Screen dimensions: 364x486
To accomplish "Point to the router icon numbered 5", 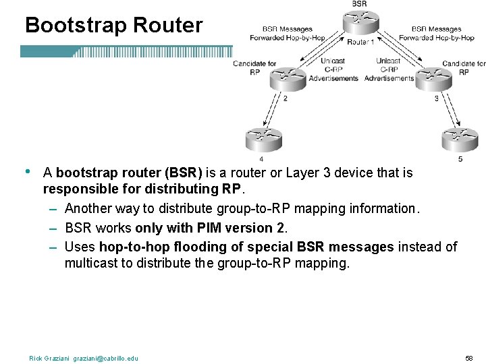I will click(x=460, y=140).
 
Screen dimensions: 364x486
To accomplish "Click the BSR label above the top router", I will click(x=360, y=4).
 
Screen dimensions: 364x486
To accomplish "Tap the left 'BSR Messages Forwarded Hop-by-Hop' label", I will click(x=287, y=34).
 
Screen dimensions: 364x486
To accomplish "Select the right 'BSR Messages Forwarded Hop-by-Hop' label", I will click(x=437, y=34).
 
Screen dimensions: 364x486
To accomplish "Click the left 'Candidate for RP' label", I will click(x=254, y=68).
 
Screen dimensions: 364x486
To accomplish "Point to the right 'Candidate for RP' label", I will click(x=464, y=68).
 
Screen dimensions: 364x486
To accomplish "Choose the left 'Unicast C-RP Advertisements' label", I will click(x=333, y=69).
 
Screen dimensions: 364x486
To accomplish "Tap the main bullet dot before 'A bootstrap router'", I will click(x=28, y=171).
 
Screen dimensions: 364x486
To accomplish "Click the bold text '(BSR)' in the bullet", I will click(x=184, y=173).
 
